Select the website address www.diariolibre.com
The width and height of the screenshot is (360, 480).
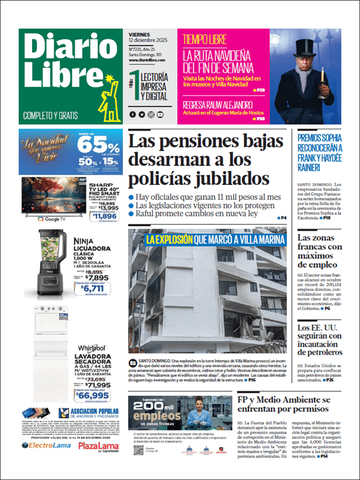[x=149, y=60]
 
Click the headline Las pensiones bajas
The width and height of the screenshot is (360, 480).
[x=205, y=160]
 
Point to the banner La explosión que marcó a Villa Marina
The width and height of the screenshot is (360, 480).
[x=214, y=240]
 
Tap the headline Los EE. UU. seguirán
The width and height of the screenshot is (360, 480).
[x=320, y=340]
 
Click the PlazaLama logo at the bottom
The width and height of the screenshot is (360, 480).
[x=98, y=446]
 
